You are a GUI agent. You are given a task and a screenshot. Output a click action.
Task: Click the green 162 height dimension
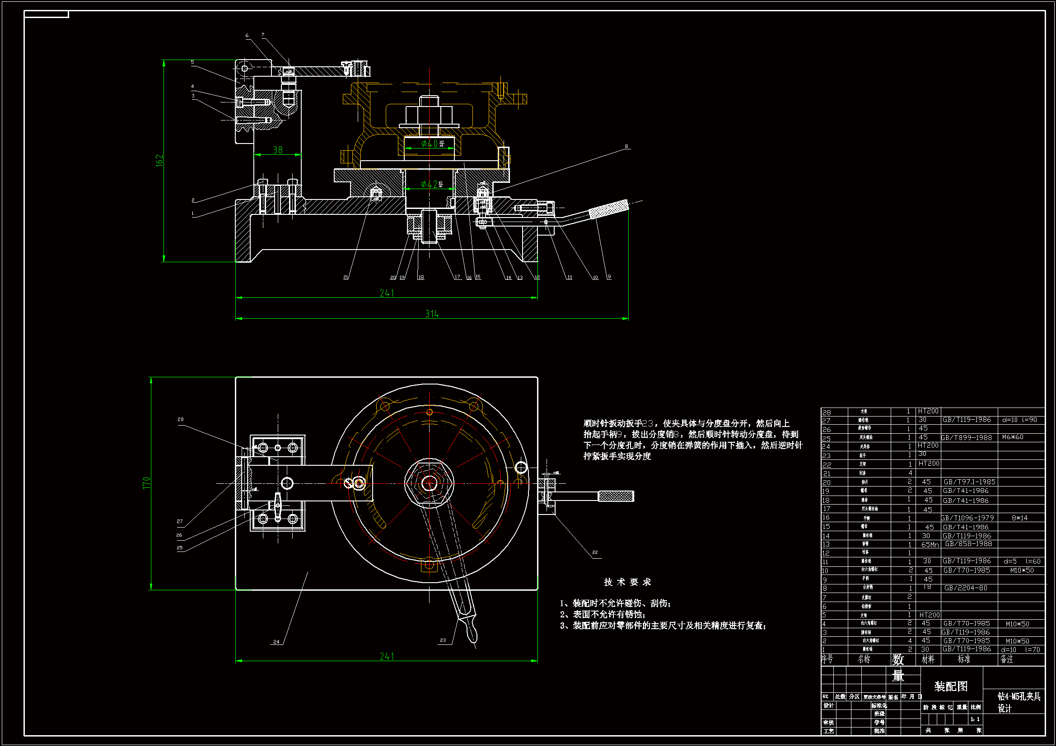[x=159, y=160]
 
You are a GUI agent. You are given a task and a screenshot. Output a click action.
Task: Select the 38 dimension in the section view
[x=278, y=150]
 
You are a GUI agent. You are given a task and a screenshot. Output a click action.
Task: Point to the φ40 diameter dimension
[x=430, y=144]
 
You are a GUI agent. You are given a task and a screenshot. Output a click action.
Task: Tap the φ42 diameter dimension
[x=430, y=184]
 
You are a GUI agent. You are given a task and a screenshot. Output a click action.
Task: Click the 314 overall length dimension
[x=432, y=314]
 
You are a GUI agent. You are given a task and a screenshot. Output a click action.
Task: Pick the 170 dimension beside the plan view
[x=147, y=483]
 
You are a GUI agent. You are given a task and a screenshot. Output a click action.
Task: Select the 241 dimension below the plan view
[x=387, y=656]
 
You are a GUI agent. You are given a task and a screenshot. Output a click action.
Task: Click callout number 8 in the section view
[x=626, y=147]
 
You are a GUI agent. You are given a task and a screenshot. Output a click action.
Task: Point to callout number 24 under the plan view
[x=276, y=642]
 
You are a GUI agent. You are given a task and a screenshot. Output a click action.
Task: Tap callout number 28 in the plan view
[x=181, y=419]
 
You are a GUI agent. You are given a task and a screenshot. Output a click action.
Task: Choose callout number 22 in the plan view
[x=595, y=552]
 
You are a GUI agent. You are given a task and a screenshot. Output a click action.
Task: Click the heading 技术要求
[x=627, y=582]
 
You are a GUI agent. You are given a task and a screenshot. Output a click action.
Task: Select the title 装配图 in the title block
[x=951, y=686]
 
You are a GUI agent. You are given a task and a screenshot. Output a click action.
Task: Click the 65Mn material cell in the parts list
[x=930, y=545]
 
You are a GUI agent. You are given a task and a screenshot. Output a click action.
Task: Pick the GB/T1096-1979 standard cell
[x=967, y=518]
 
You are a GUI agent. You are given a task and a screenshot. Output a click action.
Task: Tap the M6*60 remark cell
[x=1013, y=437]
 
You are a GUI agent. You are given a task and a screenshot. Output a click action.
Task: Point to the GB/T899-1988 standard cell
[x=967, y=438]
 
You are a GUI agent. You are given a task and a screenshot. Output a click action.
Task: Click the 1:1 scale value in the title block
[x=975, y=719]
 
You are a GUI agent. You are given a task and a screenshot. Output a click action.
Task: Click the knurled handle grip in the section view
[x=608, y=209]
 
